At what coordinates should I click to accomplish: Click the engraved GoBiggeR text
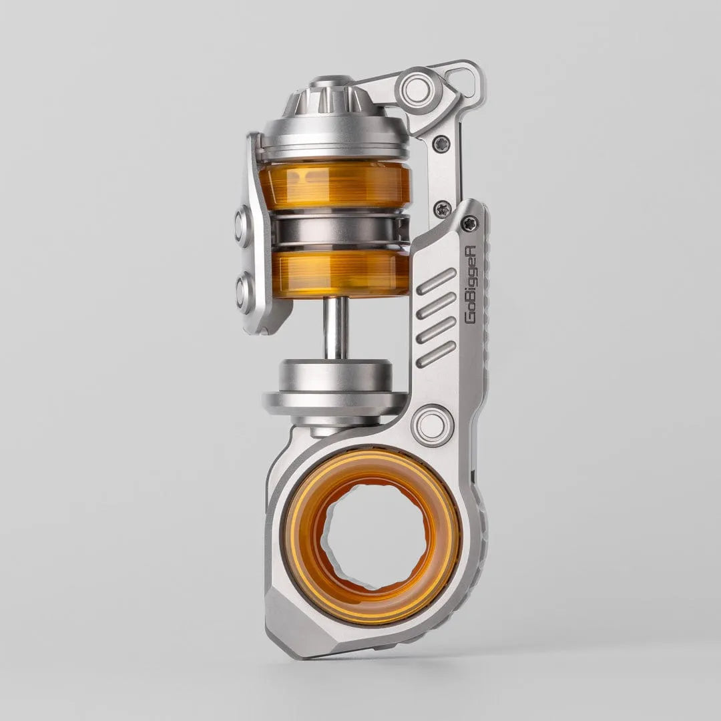tap(470, 283)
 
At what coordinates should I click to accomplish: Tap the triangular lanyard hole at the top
tap(463, 81)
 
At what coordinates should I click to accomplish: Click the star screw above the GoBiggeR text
tap(470, 224)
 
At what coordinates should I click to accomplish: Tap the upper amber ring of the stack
tap(334, 185)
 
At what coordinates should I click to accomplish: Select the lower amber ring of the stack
tap(340, 272)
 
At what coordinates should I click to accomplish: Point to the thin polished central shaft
tap(335, 328)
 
